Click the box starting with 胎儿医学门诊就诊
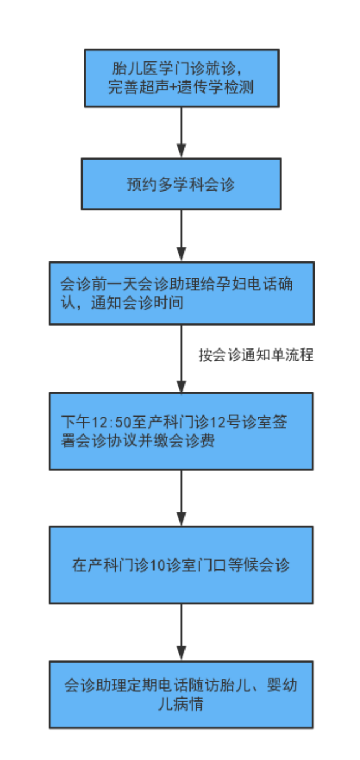coord(181,78)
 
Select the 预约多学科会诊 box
coord(181,184)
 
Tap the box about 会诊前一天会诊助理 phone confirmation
coord(181,293)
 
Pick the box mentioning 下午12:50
coord(181,431)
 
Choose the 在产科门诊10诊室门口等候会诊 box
coord(181,565)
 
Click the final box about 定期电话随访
coord(181,694)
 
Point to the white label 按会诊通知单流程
coord(256,355)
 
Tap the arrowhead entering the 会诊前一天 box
coord(181,254)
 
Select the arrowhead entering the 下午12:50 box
coord(181,385)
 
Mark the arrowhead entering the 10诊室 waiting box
coord(181,518)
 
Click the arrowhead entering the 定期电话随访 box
coord(181,652)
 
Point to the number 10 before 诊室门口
coord(158,566)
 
